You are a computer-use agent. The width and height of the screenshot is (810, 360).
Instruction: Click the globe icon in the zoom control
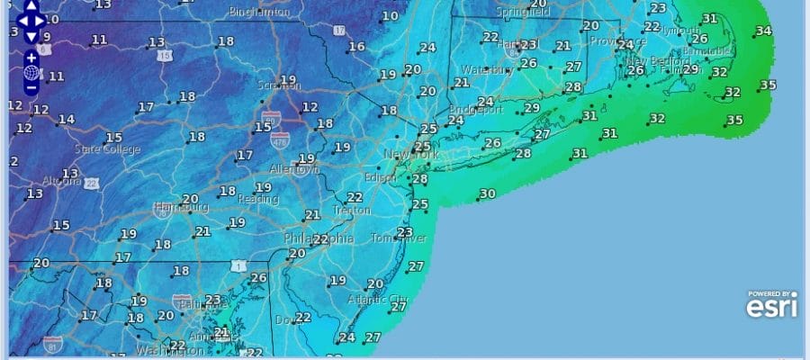(x=31, y=73)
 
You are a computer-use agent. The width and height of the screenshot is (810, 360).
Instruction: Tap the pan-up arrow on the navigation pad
(x=31, y=4)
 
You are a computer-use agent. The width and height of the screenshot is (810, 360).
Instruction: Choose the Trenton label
(x=351, y=210)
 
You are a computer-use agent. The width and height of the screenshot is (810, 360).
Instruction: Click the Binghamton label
(x=261, y=13)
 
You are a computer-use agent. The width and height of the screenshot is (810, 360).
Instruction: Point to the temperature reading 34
(x=763, y=31)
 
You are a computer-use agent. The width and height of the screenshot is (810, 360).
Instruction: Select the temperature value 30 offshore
(x=487, y=193)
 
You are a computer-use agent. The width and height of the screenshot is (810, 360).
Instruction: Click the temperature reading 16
(x=357, y=47)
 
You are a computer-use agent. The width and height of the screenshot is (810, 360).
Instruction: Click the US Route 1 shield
(x=238, y=265)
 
